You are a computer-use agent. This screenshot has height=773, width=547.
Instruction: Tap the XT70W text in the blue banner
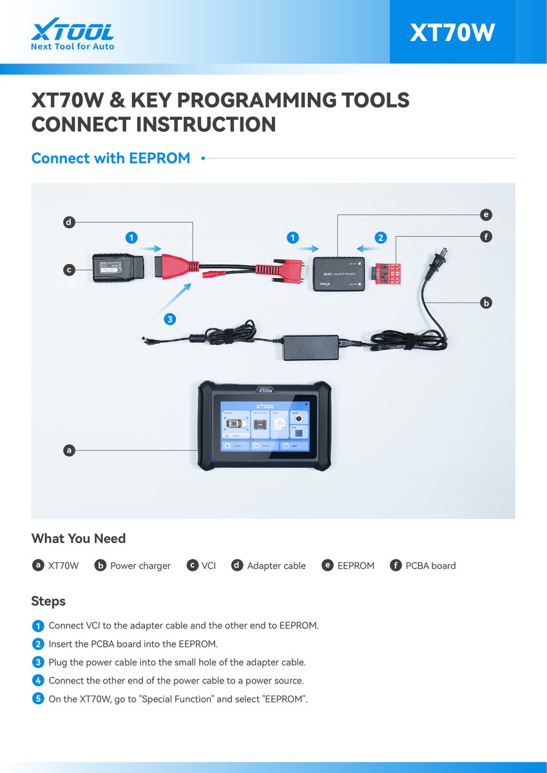point(452,33)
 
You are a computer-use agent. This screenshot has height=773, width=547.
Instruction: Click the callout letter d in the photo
point(69,223)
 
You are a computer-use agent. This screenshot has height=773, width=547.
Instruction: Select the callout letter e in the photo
point(486,215)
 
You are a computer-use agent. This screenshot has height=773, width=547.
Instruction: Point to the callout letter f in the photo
point(486,237)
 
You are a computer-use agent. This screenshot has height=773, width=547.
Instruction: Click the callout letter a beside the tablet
point(69,450)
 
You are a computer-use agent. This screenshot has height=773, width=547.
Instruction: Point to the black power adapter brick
point(311,347)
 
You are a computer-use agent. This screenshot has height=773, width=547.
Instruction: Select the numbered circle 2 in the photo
point(381,238)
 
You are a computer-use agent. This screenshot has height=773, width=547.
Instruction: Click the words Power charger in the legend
point(140,566)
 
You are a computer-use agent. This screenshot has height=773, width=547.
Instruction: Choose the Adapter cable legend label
point(276,566)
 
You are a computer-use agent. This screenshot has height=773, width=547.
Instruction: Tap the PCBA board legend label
point(430,566)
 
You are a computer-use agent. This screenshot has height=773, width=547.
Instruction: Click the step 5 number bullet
point(38,698)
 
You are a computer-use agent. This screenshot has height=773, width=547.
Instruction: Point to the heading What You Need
point(79,539)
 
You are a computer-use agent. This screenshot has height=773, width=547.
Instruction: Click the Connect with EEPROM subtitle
point(111,158)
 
